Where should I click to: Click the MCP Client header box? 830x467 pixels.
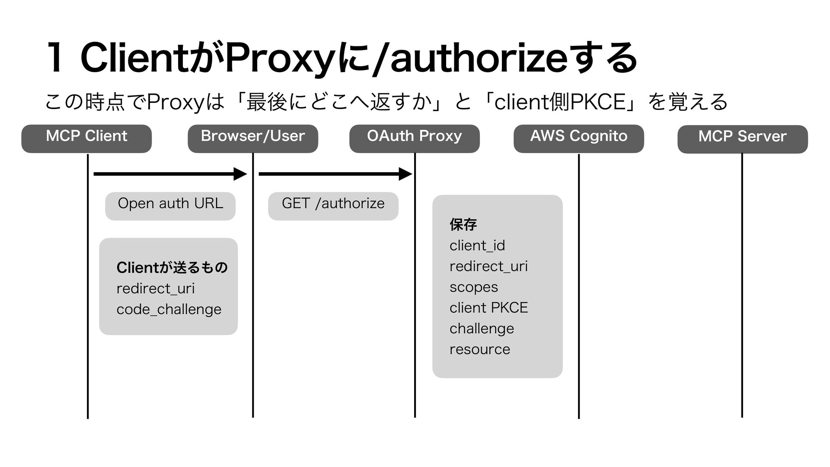[86, 138]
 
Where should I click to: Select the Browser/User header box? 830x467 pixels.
[253, 138]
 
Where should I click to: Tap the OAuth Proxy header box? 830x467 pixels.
[415, 138]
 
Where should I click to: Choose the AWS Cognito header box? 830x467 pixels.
[578, 138]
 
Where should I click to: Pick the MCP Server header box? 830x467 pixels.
[742, 139]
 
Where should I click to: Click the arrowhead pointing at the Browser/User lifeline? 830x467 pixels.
[240, 174]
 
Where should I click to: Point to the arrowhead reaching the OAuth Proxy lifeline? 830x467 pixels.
[405, 174]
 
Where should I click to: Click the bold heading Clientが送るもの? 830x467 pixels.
[172, 268]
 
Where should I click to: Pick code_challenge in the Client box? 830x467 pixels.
[169, 309]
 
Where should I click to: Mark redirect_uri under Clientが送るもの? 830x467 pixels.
[156, 288]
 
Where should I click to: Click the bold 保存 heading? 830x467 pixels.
[463, 224]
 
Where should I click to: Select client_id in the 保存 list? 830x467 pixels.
[477, 246]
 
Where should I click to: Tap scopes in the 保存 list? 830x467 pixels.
[474, 287]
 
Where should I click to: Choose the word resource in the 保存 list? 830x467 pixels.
[480, 349]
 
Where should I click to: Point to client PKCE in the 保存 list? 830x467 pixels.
[488, 308]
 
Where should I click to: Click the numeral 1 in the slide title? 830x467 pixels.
[55, 58]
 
